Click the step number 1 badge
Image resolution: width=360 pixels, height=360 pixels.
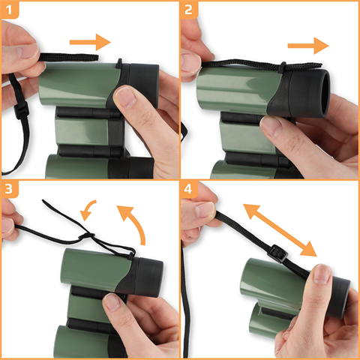pyautogui.click(x=10, y=10)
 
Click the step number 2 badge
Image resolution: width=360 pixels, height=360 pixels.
pyautogui.click(x=189, y=10)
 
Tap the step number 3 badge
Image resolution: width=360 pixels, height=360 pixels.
pyautogui.click(x=10, y=189)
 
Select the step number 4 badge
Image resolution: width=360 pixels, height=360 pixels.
pyautogui.click(x=189, y=189)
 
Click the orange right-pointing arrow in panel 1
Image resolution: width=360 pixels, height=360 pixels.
pyautogui.click(x=90, y=42)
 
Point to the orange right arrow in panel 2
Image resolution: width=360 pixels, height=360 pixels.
pyautogui.click(x=308, y=46)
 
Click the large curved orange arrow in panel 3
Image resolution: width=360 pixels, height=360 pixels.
pyautogui.click(x=133, y=223)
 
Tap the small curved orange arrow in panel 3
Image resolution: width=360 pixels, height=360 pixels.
pyautogui.click(x=88, y=210)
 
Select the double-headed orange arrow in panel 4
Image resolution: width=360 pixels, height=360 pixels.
pyautogui.click(x=280, y=230)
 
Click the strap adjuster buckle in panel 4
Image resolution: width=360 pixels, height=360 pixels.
pyautogui.click(x=277, y=253)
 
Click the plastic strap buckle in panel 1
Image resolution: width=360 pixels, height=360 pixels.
pyautogui.click(x=21, y=111)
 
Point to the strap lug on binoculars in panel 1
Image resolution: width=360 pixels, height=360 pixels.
pyautogui.click(x=119, y=64)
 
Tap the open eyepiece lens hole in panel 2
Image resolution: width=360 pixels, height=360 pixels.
pyautogui.click(x=325, y=93)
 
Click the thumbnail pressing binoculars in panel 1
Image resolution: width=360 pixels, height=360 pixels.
pyautogui.click(x=125, y=97)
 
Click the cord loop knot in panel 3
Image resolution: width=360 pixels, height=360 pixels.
pyautogui.click(x=86, y=235)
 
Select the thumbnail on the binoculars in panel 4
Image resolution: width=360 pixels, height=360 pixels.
pyautogui.click(x=322, y=274)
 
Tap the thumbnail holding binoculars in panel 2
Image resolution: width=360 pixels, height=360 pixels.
pyautogui.click(x=271, y=127)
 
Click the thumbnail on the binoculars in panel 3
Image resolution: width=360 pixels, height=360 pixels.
pyautogui.click(x=112, y=302)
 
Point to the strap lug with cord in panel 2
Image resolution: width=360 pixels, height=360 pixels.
pyautogui.click(x=283, y=67)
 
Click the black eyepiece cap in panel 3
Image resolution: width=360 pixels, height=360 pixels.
pyautogui.click(x=148, y=277)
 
